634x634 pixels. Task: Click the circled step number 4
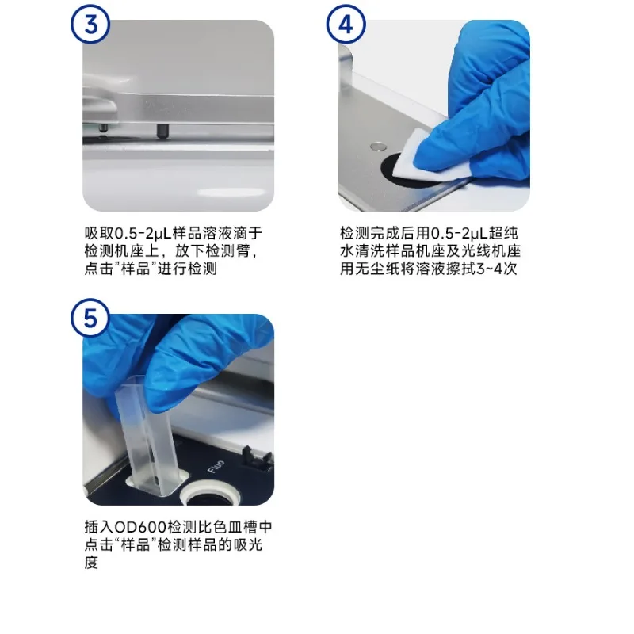[346, 24]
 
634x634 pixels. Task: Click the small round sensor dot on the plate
[380, 147]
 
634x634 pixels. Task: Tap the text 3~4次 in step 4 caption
[501, 269]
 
